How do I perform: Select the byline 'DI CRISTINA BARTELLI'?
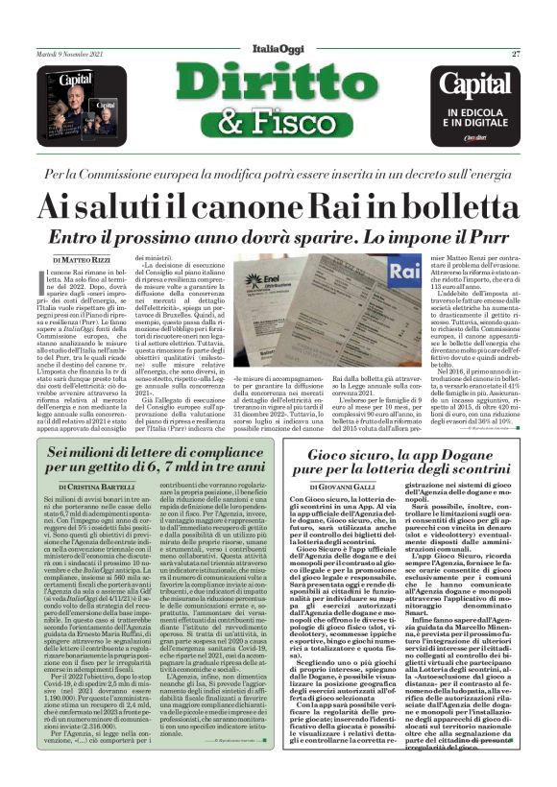(91, 488)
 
